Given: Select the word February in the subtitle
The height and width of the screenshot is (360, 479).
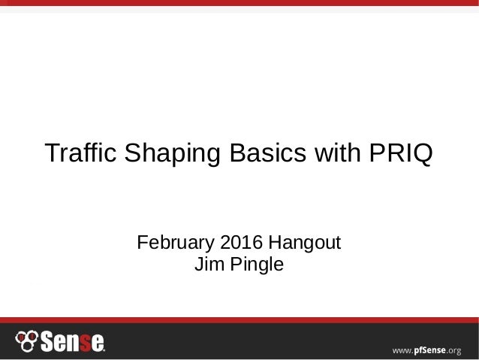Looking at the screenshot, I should tap(174, 244).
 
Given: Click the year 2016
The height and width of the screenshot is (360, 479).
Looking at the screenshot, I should tap(240, 244).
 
